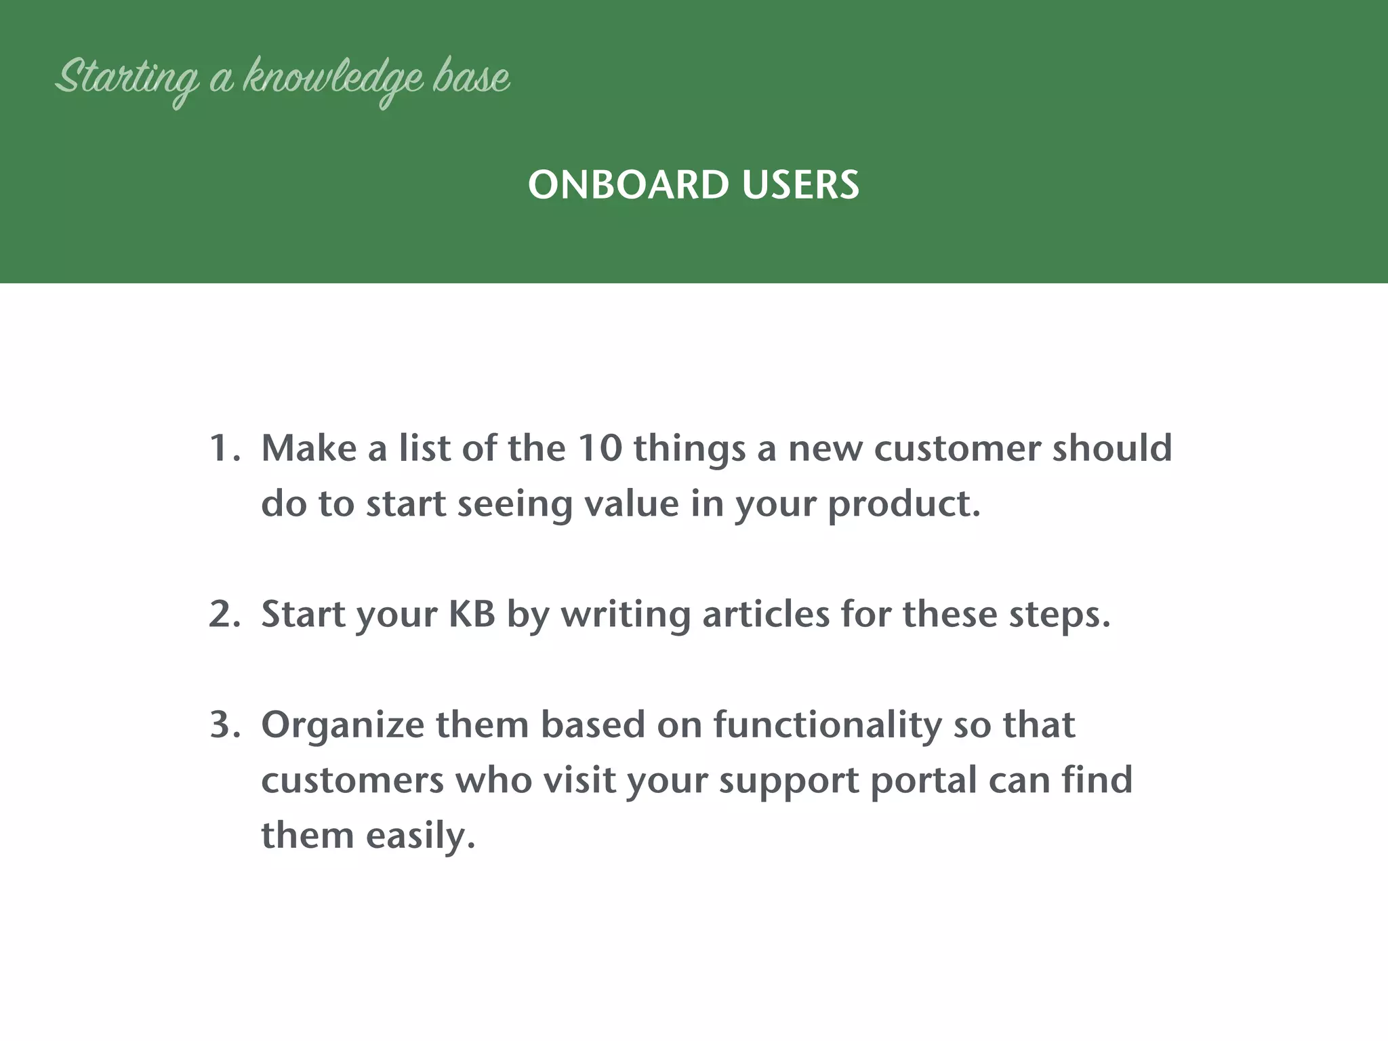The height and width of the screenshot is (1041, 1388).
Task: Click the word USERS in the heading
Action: [x=800, y=185]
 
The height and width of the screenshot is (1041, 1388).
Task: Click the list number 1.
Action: [x=222, y=449]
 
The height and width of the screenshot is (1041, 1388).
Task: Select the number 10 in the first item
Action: [x=599, y=449]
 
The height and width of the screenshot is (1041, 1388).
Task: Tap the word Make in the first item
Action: [x=308, y=449]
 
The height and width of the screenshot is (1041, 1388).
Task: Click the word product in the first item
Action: [x=903, y=504]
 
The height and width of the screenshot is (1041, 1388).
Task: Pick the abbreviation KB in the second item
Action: [x=472, y=614]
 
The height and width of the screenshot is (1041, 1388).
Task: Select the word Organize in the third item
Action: [x=342, y=725]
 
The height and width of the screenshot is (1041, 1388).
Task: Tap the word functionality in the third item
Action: [x=827, y=725]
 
